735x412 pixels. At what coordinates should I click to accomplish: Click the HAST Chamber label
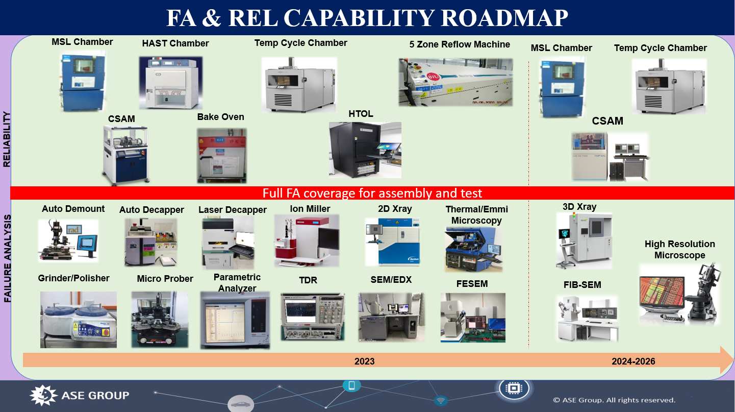[175, 43]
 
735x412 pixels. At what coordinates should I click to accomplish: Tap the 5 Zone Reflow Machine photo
[455, 82]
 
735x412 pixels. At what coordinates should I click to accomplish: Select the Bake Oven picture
[221, 155]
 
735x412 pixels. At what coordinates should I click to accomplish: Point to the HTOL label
[361, 114]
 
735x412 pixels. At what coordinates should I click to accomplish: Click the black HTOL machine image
[365, 150]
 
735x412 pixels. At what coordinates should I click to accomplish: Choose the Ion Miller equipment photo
[307, 240]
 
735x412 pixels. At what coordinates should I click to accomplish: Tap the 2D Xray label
[395, 209]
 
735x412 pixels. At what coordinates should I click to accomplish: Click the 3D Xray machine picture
[584, 240]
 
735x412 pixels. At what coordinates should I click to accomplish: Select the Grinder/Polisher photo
[79, 320]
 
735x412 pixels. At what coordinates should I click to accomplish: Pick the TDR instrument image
[313, 317]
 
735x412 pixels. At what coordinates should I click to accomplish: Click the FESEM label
[472, 283]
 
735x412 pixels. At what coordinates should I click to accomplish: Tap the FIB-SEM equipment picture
[588, 319]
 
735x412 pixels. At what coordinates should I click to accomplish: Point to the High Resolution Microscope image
[679, 294]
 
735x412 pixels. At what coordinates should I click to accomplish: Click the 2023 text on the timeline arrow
[364, 361]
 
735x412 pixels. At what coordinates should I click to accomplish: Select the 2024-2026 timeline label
[633, 361]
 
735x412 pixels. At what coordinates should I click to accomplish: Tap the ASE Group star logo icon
[43, 395]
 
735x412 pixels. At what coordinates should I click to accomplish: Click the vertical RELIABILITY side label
[7, 139]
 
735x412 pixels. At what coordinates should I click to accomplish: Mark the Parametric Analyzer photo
[235, 320]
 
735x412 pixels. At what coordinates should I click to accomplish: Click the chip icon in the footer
[514, 389]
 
